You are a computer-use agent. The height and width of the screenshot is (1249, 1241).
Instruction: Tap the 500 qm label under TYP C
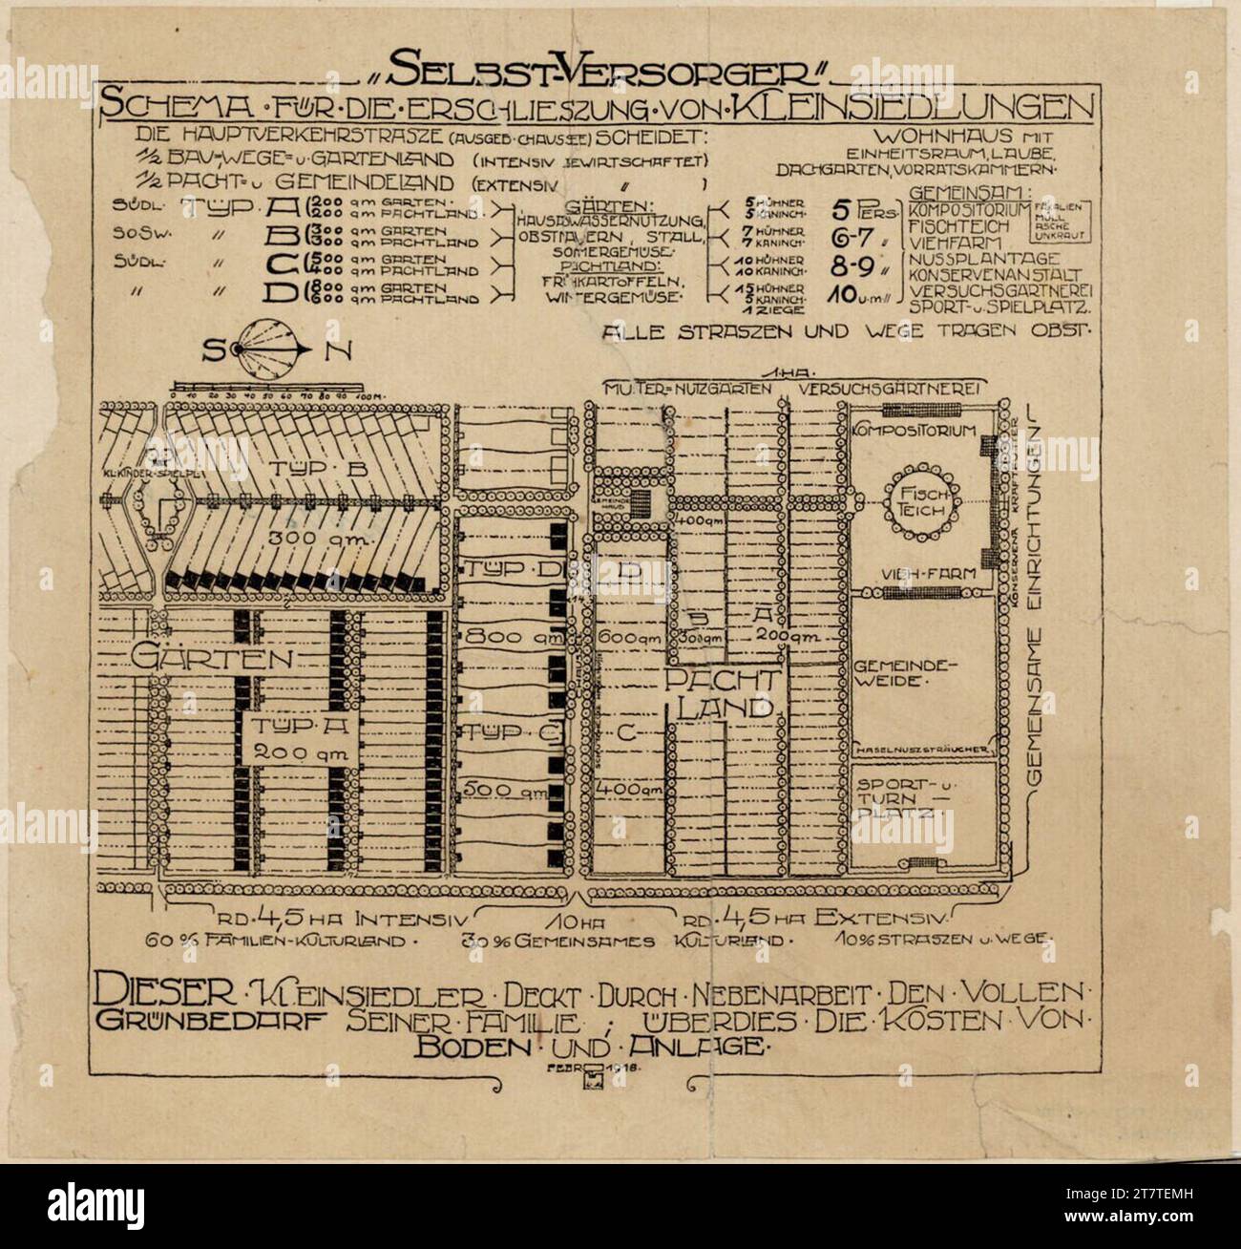pyautogui.click(x=504, y=791)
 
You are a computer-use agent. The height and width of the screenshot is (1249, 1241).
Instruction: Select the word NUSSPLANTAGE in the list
pyautogui.click(x=985, y=259)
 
